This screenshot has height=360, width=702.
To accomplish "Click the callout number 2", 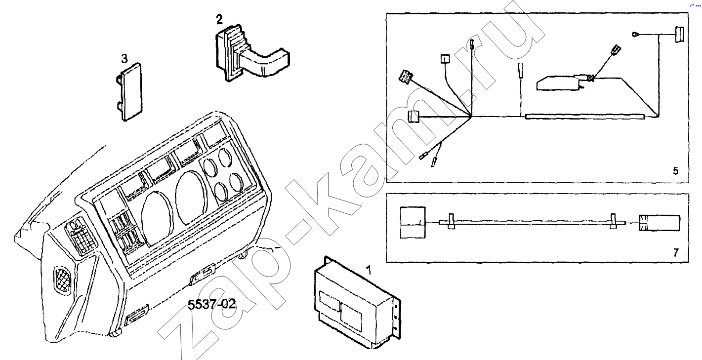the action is point(219,19).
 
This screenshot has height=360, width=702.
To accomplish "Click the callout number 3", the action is point(124,58).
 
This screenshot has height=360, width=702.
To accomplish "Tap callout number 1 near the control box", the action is point(369,270).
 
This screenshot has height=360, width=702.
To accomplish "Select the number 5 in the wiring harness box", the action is point(676,171).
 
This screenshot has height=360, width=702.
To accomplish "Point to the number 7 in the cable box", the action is point(676,252).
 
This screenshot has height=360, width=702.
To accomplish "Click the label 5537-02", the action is point(211,304).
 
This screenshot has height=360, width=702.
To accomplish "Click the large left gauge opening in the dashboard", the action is point(157,218).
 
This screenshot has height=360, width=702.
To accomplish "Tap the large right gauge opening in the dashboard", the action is point(192,198).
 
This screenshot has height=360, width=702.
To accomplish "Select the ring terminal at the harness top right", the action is point(636,35).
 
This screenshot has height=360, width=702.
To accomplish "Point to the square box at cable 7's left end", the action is point(413,222).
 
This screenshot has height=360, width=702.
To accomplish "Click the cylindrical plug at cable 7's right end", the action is point(660,223).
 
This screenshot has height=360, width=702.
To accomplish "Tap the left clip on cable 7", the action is point(451,221).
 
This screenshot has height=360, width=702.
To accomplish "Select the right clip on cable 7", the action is point(613,221).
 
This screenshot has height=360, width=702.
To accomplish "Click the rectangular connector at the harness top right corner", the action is point(679,35).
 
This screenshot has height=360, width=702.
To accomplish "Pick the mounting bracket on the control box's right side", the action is point(397,318).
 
